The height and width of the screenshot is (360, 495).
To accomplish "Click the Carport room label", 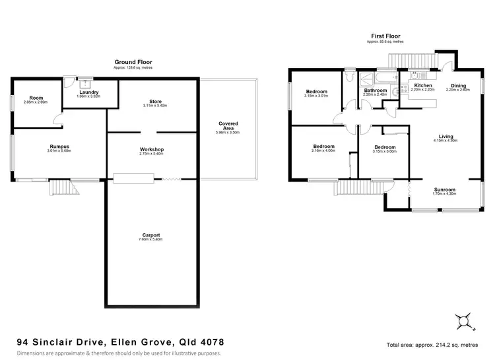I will point(151,235).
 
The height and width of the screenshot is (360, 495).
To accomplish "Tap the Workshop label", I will point(152,150).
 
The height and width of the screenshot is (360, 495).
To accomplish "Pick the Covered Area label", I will point(229,126).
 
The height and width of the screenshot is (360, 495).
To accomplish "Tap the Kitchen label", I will point(422,86).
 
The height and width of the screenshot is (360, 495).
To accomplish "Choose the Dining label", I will point(458,86).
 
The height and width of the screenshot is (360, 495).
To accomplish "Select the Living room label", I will point(455,137).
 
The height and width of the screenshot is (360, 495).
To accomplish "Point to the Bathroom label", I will point(376,90).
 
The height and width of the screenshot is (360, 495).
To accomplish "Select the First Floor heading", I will point(387,36).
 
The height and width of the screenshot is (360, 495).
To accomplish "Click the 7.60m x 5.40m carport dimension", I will point(151,240).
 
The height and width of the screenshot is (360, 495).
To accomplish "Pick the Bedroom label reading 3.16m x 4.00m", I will point(323,147).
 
